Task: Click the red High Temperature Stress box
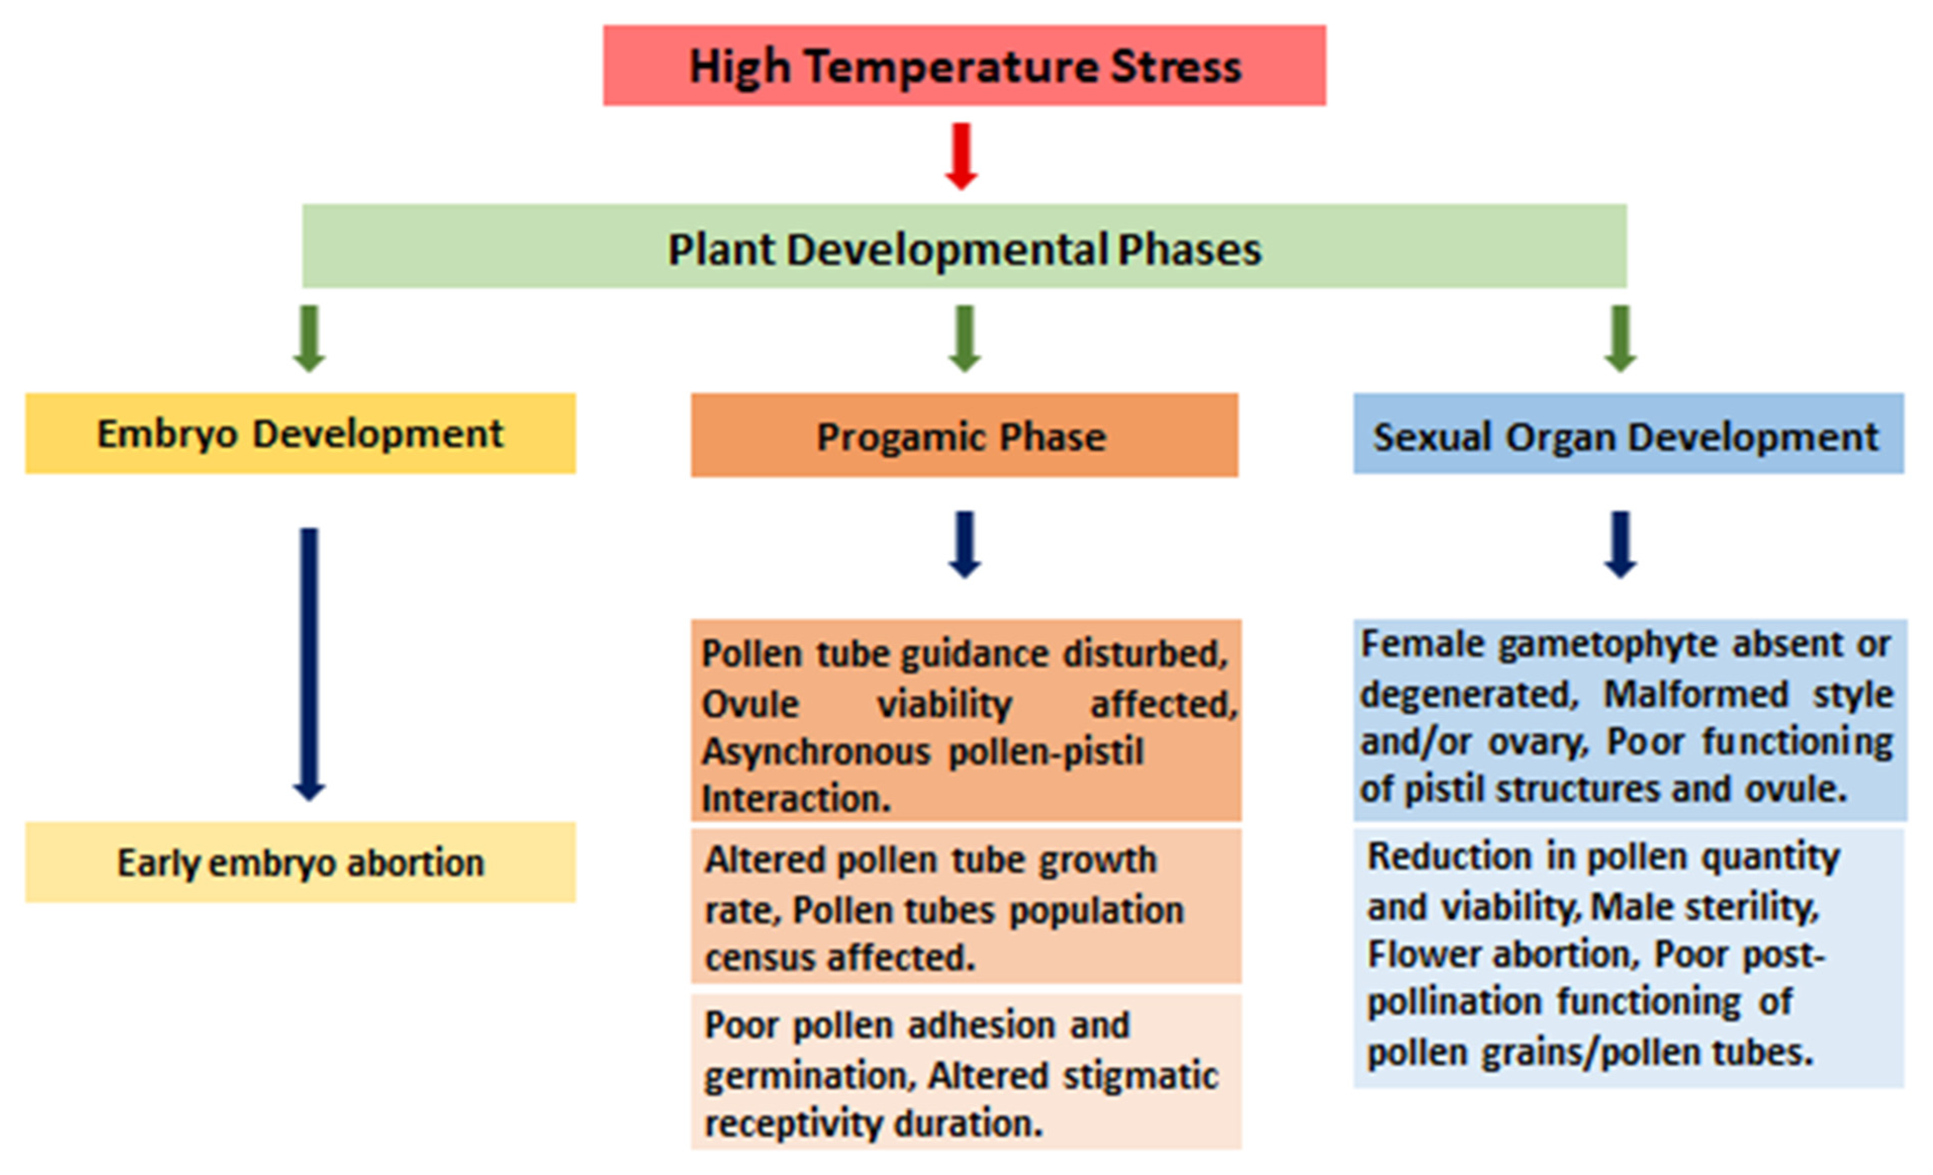[963, 66]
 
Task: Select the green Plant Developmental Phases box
[963, 246]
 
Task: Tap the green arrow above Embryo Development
[309, 338]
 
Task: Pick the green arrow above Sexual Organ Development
[1620, 338]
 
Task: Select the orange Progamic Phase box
[963, 436]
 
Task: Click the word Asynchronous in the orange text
[816, 752]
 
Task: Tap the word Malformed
[1696, 694]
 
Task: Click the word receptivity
[792, 1123]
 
